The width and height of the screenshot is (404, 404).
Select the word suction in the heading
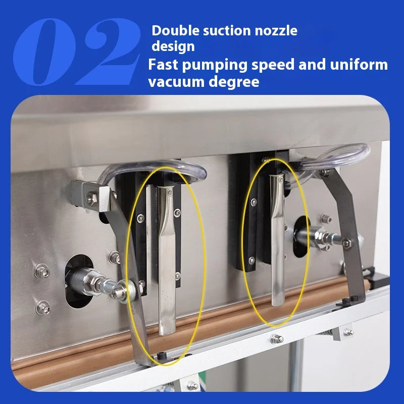click(x=220, y=30)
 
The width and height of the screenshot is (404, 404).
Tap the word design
click(x=173, y=46)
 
